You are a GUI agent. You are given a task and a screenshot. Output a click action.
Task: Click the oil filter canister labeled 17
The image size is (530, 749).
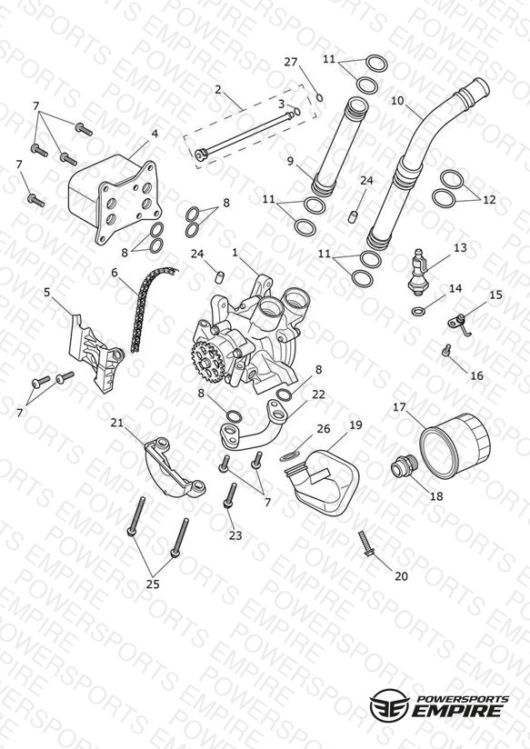click(454, 444)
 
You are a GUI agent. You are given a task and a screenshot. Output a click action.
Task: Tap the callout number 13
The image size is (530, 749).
click(460, 248)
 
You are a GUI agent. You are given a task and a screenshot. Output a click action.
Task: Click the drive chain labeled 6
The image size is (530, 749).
click(149, 305)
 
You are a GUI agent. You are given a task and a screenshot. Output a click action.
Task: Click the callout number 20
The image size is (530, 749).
click(401, 576)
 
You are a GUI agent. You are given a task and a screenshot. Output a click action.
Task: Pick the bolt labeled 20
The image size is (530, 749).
click(365, 544)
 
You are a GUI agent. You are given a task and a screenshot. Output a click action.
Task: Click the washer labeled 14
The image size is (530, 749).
click(417, 312)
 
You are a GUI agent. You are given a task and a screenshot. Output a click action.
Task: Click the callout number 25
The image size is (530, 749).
click(153, 584)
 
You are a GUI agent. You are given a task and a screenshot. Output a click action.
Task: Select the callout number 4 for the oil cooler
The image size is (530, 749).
click(155, 134)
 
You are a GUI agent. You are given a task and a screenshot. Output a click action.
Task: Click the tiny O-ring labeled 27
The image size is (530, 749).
click(320, 98)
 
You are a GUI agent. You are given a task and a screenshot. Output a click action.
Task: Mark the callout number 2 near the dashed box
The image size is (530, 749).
click(218, 89)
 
